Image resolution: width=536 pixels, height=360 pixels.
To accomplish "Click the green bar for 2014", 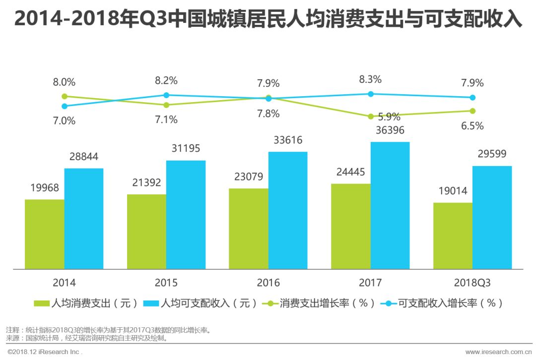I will click(45, 234).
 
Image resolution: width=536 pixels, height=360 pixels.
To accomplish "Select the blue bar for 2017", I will click(390, 205).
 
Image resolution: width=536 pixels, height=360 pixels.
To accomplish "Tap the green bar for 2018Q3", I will click(453, 236).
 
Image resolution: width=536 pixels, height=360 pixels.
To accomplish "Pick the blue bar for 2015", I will click(186, 215).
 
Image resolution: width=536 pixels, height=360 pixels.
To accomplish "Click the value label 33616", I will click(288, 140).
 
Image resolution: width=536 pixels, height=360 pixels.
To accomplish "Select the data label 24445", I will click(350, 173).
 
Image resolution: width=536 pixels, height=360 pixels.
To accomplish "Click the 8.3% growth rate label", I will click(370, 79).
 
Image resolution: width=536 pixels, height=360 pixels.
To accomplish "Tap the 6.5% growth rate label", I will click(472, 125).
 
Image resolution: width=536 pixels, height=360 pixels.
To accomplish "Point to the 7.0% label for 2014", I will click(65, 120).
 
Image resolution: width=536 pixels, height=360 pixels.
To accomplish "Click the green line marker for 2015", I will click(166, 105).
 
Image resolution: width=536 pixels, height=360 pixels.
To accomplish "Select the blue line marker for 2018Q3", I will click(472, 98).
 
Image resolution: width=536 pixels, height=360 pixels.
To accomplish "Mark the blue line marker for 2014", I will click(65, 106).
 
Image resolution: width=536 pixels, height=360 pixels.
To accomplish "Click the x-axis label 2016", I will click(268, 283).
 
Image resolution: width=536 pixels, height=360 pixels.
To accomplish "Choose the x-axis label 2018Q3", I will click(472, 283).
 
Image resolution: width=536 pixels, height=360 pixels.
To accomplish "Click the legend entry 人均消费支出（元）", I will click(86, 303).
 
